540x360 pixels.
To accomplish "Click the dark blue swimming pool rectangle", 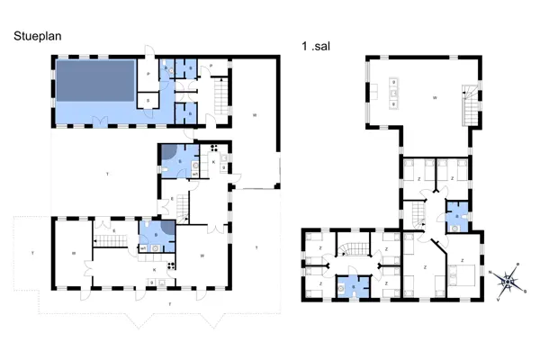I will pyautogui.click(x=94, y=81).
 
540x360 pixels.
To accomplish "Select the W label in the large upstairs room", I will pyautogui.click(x=435, y=95).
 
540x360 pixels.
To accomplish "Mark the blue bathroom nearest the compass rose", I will pyautogui.click(x=457, y=220).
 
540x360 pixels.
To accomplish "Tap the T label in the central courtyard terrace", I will pyautogui.click(x=107, y=172).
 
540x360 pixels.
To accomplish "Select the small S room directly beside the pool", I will pyautogui.click(x=148, y=101).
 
